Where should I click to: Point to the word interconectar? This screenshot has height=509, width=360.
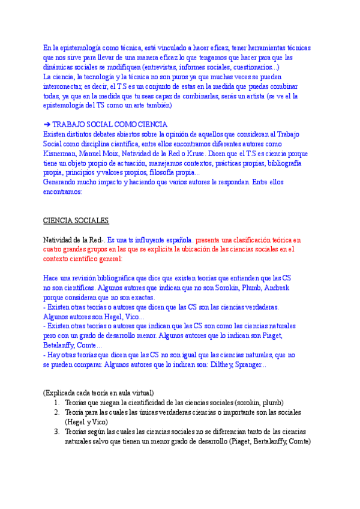[66, 86]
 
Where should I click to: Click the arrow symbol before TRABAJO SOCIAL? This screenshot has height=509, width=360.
[47, 124]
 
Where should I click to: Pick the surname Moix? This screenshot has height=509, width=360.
[110, 154]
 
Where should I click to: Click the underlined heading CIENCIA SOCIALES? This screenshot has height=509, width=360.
[76, 221]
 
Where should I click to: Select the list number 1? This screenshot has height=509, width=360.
[56, 403]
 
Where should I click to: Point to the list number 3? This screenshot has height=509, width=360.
[56, 432]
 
